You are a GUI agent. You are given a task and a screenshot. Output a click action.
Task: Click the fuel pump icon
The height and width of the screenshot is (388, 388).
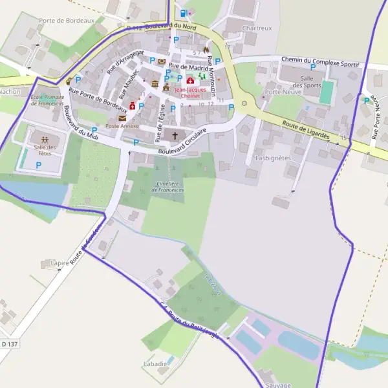pyautogui.click(x=184, y=13)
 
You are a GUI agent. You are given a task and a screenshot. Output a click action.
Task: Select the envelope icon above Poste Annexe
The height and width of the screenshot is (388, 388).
pyautogui.click(x=122, y=118)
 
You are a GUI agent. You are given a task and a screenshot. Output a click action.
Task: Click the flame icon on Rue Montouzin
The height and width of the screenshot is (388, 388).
pyautogui.click(x=206, y=49)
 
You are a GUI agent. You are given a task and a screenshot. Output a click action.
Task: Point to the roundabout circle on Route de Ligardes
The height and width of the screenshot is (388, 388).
pyautogui.click(x=244, y=103)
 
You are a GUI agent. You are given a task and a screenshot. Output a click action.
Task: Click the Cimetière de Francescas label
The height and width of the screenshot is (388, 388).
pyautogui.click(x=167, y=187)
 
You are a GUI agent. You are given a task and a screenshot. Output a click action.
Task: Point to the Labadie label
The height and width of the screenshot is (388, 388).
pyautogui.click(x=156, y=364)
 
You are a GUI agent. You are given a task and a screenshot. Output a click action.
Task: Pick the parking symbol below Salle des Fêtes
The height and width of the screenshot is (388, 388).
pyautogui.click(x=38, y=166)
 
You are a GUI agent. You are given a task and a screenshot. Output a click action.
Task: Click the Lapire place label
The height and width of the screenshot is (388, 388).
pyautogui.click(x=59, y=264)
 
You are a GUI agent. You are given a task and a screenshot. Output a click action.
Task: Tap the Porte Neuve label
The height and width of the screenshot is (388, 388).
pyautogui.click(x=281, y=92)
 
